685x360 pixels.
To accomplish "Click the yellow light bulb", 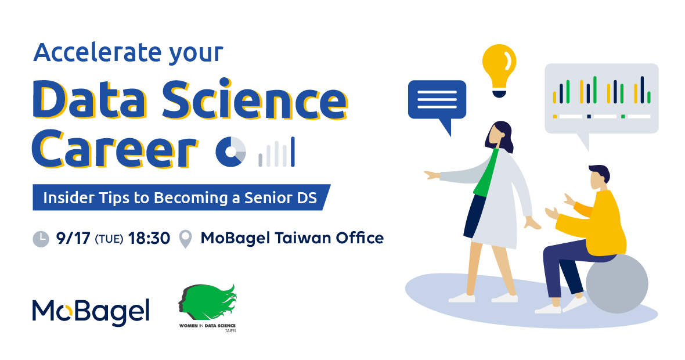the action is click(x=499, y=70).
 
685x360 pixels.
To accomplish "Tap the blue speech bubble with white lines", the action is click(x=437, y=103).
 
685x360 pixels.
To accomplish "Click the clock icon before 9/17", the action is click(x=41, y=239).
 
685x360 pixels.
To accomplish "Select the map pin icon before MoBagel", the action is click(x=186, y=239).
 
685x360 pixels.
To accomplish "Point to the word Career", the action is click(x=115, y=149).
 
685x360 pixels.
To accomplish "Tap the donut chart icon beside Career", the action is click(x=230, y=152).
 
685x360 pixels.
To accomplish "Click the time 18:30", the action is click(x=149, y=239).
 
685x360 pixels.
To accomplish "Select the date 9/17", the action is click(x=73, y=239).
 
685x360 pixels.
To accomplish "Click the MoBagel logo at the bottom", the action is click(x=91, y=312).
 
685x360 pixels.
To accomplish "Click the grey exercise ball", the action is click(x=617, y=283).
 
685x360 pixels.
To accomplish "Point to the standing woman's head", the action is click(x=499, y=136).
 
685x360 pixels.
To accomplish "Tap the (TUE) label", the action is click(x=109, y=239).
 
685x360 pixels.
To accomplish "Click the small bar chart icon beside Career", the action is click(x=276, y=152).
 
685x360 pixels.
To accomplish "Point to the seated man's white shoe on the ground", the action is click(x=548, y=308).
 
